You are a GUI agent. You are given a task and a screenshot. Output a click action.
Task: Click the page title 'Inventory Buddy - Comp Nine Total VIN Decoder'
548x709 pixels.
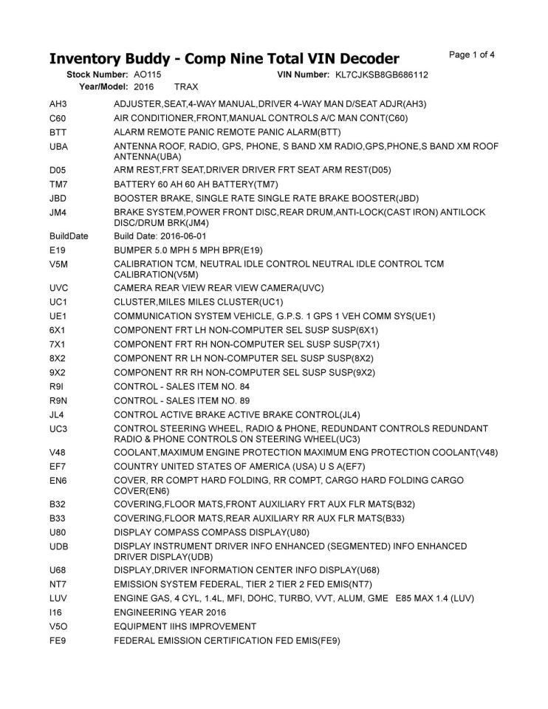(x=224, y=58)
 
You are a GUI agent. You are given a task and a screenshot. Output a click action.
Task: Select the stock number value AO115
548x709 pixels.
(x=148, y=75)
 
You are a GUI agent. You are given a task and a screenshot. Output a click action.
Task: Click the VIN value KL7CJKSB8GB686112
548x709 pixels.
(x=382, y=75)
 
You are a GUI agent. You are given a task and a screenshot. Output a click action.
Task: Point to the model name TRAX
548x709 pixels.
(x=186, y=86)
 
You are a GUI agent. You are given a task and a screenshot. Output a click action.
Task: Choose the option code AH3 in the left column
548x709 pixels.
(x=58, y=104)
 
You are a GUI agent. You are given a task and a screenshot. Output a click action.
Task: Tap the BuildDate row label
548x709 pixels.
(x=69, y=236)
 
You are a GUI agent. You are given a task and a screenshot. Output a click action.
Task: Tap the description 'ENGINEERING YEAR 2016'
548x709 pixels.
(x=170, y=612)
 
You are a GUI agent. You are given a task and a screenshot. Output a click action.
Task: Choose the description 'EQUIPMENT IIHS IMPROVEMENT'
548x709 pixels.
(x=185, y=626)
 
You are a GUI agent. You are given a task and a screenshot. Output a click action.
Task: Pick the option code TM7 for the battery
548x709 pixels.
(x=58, y=184)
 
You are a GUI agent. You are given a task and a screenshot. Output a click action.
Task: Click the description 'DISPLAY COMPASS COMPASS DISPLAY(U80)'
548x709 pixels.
(x=211, y=532)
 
